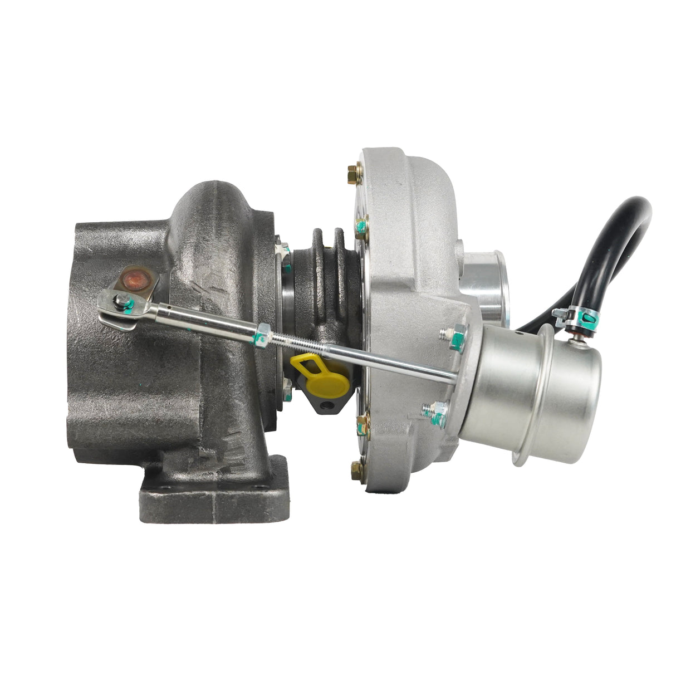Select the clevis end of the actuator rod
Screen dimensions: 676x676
[114, 303]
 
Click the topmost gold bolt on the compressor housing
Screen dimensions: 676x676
[352, 170]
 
